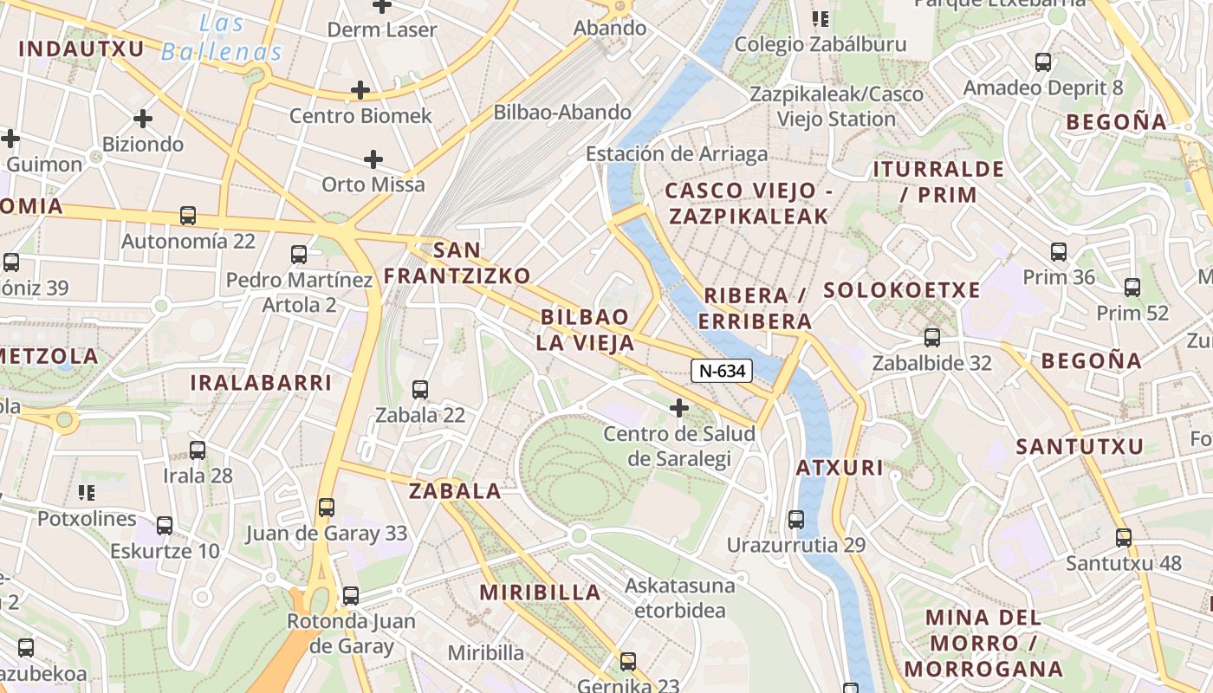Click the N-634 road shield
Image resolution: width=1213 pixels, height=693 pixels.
point(722,371)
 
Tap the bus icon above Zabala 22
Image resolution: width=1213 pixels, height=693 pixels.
point(420,390)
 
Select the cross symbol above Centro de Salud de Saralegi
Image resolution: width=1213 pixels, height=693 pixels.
point(679,407)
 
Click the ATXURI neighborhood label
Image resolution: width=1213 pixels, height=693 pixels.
point(840,469)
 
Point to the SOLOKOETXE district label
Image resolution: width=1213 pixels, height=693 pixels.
point(902,290)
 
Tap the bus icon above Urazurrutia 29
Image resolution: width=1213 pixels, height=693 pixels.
point(796,520)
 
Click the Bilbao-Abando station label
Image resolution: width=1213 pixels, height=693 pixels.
point(562,112)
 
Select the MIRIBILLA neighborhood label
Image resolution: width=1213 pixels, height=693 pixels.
point(541,593)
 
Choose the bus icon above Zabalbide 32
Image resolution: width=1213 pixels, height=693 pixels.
point(932,338)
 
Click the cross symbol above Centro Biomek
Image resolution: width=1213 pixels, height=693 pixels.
point(360,90)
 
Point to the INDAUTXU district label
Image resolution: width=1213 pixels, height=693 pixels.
point(81,49)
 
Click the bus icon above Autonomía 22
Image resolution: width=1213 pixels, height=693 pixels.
point(188,216)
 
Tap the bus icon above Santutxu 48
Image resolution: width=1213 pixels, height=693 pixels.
point(1124,538)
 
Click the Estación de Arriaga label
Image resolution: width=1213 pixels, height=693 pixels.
point(677,154)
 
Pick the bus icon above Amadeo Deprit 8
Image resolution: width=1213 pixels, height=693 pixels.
point(1043,62)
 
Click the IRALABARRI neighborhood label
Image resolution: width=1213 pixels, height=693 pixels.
point(261,383)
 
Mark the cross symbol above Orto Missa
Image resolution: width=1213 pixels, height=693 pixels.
point(373,159)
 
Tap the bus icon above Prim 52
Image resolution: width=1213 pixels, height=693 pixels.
point(1132,288)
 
